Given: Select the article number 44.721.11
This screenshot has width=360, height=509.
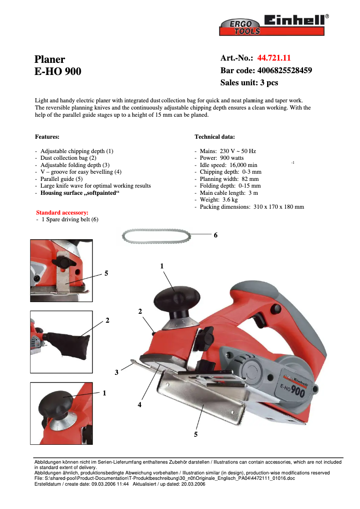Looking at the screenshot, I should point(274,58).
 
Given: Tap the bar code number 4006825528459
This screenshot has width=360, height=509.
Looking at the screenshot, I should point(284,70).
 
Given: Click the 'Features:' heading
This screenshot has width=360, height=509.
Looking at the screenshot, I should point(47,136).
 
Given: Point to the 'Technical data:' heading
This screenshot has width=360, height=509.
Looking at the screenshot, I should point(215,136).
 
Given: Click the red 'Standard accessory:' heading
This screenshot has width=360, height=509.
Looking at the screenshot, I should point(62,212).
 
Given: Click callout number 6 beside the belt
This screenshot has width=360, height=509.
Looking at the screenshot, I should point(215,235).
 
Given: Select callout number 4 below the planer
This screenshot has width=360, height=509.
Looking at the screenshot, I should point(140,404).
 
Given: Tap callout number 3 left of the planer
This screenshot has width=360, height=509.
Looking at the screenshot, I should point(116,372).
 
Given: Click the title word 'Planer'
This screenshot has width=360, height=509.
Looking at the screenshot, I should point(50,59).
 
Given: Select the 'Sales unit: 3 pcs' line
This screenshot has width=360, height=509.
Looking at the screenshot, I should point(249,83).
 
